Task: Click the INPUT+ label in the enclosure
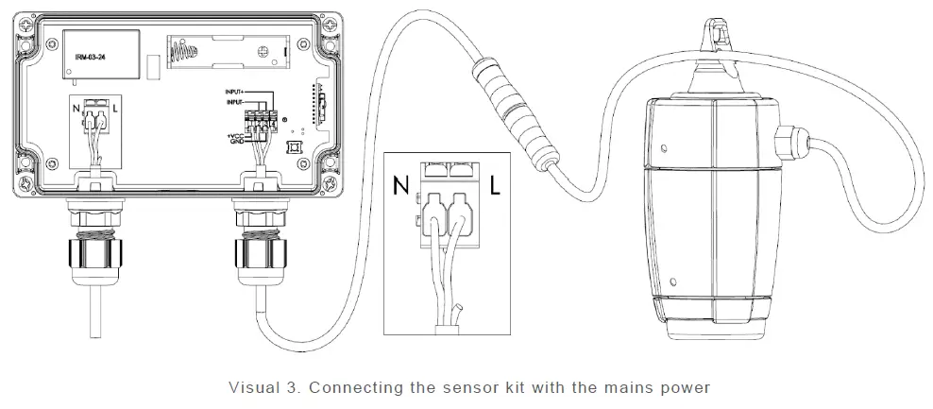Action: coord(236,91)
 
